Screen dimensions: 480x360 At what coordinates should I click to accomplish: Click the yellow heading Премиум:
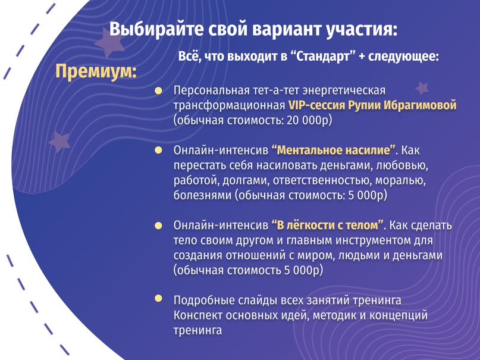pyautogui.click(x=96, y=72)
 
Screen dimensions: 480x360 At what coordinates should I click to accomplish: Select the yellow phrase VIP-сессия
pyautogui.click(x=316, y=105)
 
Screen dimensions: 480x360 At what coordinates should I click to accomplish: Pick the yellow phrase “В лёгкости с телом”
pyautogui.click(x=328, y=225)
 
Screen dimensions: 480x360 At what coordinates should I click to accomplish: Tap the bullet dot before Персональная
pyautogui.click(x=158, y=90)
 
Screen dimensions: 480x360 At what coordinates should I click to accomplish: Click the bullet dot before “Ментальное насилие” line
pyautogui.click(x=158, y=150)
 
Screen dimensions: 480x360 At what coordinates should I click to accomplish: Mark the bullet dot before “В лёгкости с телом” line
pyautogui.click(x=158, y=226)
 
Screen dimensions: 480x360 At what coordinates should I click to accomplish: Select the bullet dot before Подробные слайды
pyautogui.click(x=158, y=298)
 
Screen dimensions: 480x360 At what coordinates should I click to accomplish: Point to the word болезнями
pyautogui.click(x=202, y=195)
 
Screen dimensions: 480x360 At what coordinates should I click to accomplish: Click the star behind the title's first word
pyautogui.click(x=109, y=43)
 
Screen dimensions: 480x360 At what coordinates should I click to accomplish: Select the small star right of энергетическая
pyautogui.click(x=422, y=88)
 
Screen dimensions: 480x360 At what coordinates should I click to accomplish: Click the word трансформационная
pyautogui.click(x=229, y=105)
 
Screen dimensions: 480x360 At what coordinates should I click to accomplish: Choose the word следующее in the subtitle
pyautogui.click(x=404, y=57)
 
